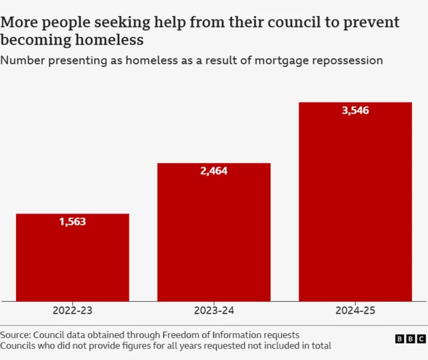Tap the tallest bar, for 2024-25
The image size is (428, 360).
(x=355, y=201)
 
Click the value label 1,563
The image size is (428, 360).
(x=72, y=222)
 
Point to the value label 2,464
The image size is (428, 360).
(x=214, y=171)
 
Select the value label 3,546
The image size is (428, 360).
(x=355, y=110)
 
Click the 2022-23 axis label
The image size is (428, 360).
(x=72, y=310)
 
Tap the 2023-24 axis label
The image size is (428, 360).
(x=214, y=310)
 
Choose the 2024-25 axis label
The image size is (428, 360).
(x=355, y=310)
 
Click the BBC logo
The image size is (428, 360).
(x=410, y=339)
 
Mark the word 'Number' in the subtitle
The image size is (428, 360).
(x=22, y=61)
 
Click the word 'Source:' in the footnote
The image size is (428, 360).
(x=15, y=335)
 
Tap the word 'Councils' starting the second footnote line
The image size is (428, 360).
(x=19, y=345)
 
